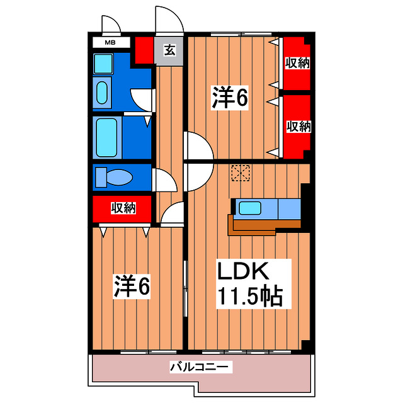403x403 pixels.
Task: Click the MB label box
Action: coord(110,43)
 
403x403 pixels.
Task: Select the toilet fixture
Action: coord(113,177)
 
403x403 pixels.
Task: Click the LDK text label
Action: coord(244,272)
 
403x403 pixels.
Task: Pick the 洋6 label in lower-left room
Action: coord(132,287)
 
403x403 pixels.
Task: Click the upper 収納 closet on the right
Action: coord(297,63)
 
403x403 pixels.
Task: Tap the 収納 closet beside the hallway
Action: coord(123,208)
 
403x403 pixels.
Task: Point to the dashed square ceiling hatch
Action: coord(240,173)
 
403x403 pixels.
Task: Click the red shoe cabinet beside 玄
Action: coord(144,50)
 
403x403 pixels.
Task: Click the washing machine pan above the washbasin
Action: coord(103,63)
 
